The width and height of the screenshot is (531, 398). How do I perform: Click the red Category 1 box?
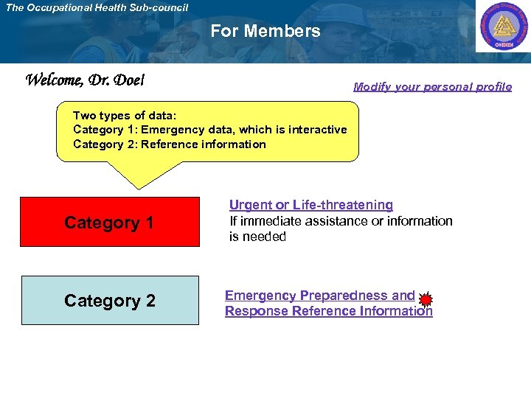pyautogui.click(x=109, y=222)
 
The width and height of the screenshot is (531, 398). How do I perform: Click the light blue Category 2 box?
pyautogui.click(x=110, y=300)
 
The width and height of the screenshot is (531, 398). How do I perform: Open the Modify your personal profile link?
pyautogui.click(x=432, y=86)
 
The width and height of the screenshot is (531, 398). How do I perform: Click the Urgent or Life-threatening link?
pyautogui.click(x=310, y=205)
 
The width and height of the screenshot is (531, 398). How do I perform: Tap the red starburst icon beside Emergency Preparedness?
pyautogui.click(x=426, y=299)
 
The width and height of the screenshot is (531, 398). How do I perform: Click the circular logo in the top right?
pyautogui.click(x=502, y=27)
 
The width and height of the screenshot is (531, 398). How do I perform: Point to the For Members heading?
pyautogui.click(x=265, y=31)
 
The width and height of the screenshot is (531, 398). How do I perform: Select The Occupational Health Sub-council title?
pyautogui.click(x=97, y=7)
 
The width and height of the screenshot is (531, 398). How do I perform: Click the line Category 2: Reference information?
pyautogui.click(x=169, y=144)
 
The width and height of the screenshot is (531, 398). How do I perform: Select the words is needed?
pyautogui.click(x=257, y=237)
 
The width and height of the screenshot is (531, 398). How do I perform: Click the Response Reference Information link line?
pyautogui.click(x=328, y=311)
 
